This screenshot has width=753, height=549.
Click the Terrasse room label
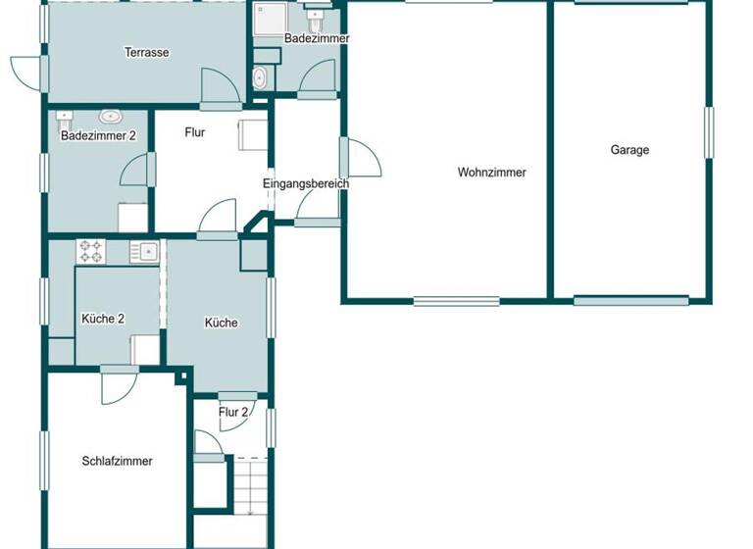148,52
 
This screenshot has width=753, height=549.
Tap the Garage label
629,150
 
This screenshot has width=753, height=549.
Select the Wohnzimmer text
491,173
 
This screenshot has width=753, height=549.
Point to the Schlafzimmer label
117,461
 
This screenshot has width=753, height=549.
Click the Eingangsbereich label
306,183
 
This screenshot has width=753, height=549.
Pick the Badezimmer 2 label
97,136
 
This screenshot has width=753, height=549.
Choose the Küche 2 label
103,319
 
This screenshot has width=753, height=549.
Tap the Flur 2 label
233,412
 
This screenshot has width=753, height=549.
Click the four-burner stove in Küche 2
91,252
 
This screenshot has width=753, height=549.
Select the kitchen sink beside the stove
144,252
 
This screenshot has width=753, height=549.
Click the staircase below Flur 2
250,485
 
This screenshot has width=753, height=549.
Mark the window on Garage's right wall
708,131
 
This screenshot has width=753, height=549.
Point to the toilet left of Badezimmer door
260,78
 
